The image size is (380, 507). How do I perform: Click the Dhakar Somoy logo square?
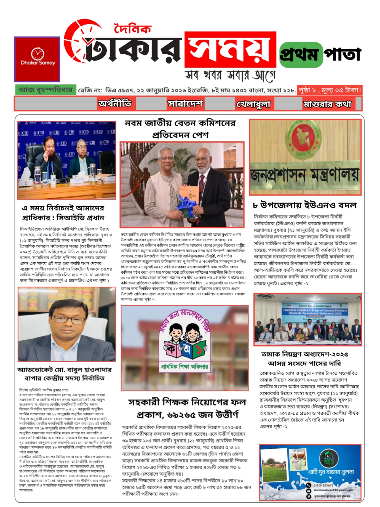pyautogui.click(x=37, y=59)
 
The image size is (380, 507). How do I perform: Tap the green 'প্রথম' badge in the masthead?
pyautogui.click(x=300, y=54)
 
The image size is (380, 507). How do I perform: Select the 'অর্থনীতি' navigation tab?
pyautogui.click(x=115, y=104)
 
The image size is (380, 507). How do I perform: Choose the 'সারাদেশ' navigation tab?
pyautogui.click(x=185, y=104)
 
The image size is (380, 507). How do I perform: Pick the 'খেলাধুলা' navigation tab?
pyautogui.click(x=253, y=104)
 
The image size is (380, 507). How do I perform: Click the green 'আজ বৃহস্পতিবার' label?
pyautogui.click(x=46, y=90)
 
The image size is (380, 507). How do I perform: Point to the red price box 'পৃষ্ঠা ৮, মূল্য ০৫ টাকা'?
pyautogui.click(x=330, y=90)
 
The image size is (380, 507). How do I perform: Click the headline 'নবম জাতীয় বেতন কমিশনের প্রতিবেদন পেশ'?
pyautogui.click(x=180, y=129)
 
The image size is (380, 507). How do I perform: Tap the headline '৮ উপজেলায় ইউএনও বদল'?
pyautogui.click(x=304, y=205)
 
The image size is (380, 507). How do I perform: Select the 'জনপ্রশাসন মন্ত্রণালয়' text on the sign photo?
pyautogui.click(x=305, y=175)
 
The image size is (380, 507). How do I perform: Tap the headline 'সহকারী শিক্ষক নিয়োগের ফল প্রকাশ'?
pyautogui.click(x=187, y=408)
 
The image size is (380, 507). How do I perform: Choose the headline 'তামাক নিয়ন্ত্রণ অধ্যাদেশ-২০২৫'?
pyautogui.click(x=304, y=358)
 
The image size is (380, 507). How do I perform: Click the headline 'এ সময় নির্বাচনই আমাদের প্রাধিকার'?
pyautogui.click(x=63, y=213)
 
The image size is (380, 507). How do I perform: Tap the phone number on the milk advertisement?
pyautogui.click(x=323, y=485)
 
